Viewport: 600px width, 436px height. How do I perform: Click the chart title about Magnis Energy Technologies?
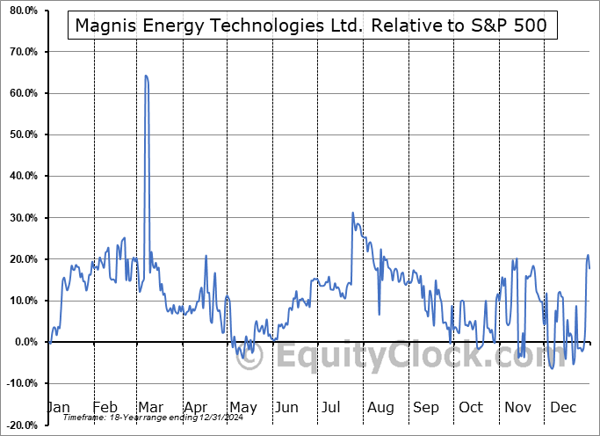(x=311, y=25)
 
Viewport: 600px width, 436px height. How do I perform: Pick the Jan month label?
(x=57, y=407)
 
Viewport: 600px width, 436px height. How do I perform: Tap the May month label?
(x=242, y=407)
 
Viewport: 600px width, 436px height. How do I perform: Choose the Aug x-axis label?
(x=380, y=407)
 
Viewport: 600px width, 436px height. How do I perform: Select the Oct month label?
(x=470, y=407)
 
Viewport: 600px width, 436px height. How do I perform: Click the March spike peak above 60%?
(x=146, y=76)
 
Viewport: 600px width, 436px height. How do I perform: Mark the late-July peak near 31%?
(x=352, y=213)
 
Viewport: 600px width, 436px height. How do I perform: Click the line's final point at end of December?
(x=589, y=267)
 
